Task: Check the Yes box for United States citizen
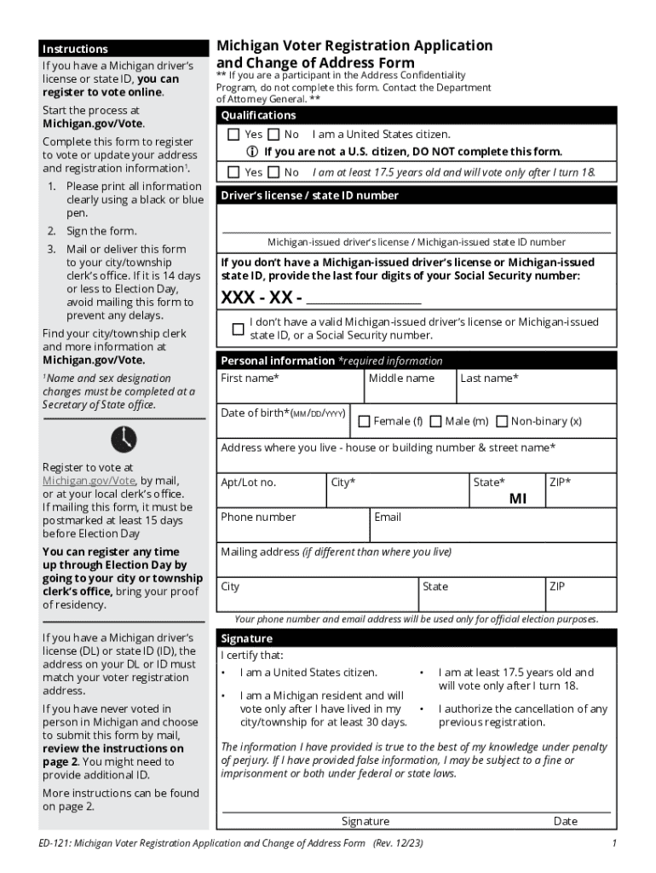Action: click(233, 135)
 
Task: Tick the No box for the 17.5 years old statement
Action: click(273, 172)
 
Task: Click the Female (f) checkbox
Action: click(365, 421)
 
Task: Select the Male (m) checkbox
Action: click(435, 421)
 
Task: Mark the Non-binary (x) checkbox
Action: click(502, 421)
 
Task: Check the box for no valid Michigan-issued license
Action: click(238, 329)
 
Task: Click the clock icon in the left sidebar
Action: click(123, 439)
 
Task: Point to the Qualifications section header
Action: click(259, 115)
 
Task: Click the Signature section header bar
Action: click(247, 639)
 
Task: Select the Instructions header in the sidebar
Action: click(76, 49)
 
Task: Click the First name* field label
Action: click(250, 379)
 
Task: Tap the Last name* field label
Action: click(489, 379)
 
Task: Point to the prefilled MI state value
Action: click(517, 500)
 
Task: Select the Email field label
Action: click(388, 517)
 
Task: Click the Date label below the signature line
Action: click(565, 821)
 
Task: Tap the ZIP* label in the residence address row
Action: click(561, 483)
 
